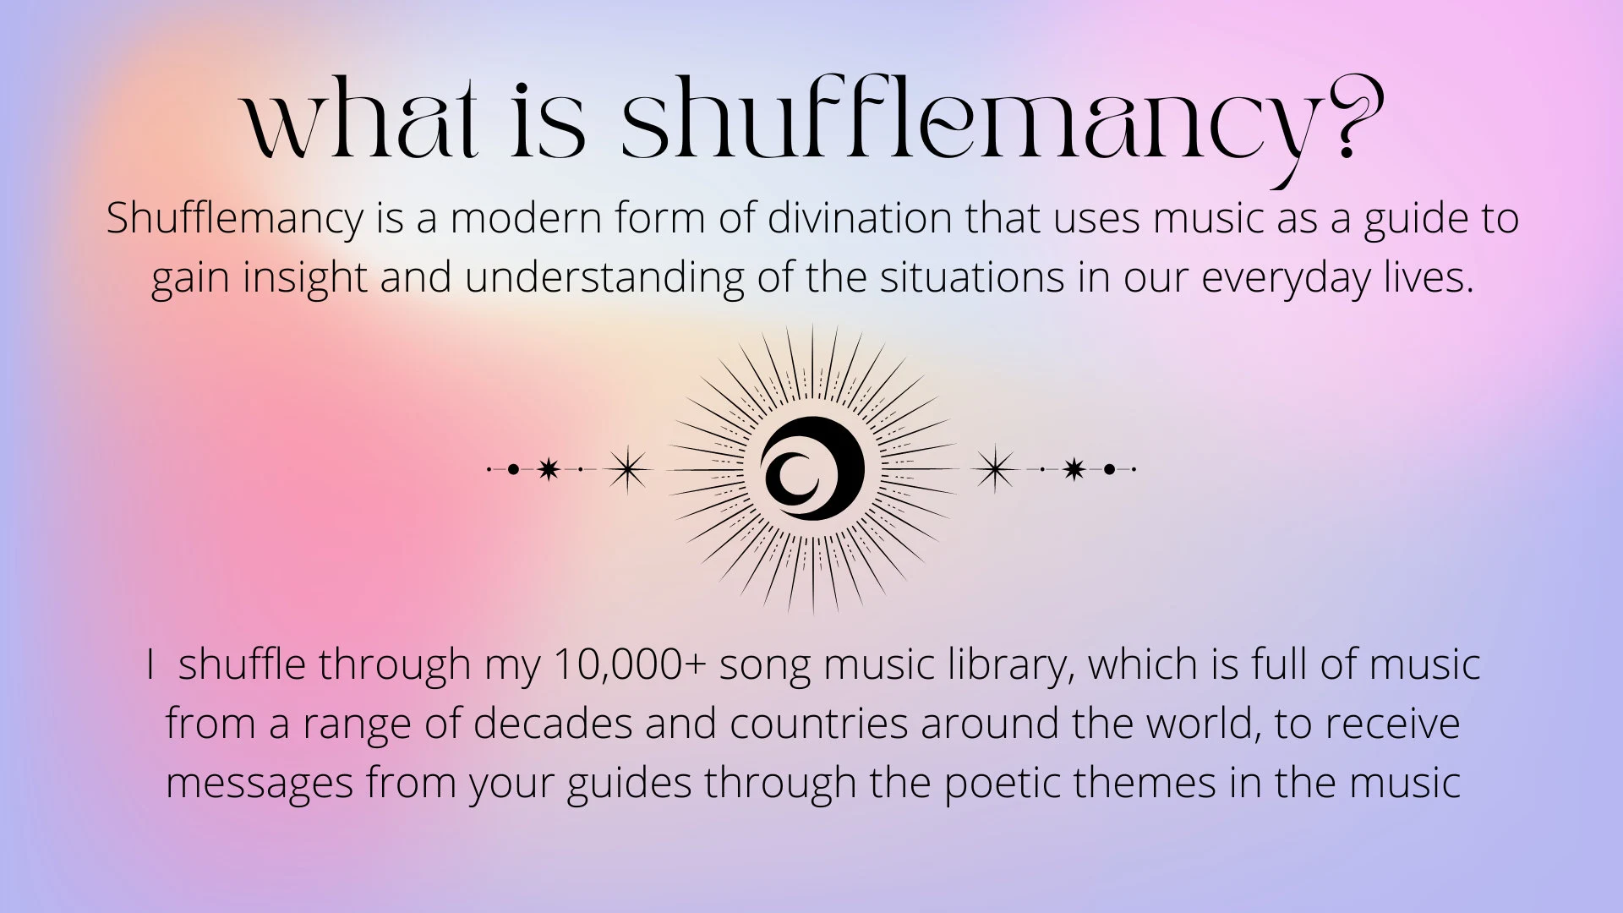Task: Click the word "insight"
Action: [x=305, y=277]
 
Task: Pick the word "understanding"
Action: [x=604, y=277]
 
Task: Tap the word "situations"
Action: [x=972, y=277]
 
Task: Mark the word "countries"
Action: [x=818, y=724]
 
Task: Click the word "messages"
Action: [x=260, y=783]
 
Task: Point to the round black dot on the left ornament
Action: [x=513, y=468]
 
